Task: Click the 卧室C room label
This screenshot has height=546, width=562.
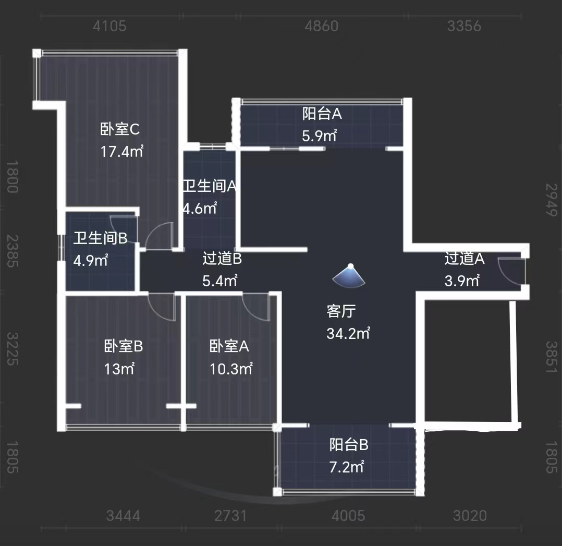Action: (x=120, y=129)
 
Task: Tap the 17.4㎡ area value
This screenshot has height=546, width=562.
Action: (x=121, y=152)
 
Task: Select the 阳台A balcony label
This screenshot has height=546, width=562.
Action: (x=322, y=113)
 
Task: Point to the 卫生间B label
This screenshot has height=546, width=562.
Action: (x=100, y=238)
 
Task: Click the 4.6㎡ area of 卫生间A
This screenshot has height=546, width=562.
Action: (x=200, y=209)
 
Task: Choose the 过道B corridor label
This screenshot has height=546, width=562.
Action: (x=222, y=258)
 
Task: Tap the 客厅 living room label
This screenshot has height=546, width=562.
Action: (x=341, y=311)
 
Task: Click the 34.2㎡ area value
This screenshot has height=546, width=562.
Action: (x=348, y=333)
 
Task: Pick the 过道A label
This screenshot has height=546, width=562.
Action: (x=465, y=258)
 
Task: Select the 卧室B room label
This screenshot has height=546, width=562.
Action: (x=124, y=346)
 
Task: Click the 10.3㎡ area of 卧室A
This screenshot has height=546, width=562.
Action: (x=231, y=369)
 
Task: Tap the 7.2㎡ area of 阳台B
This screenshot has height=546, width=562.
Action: (x=346, y=467)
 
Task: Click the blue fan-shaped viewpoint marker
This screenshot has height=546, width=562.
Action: (x=350, y=276)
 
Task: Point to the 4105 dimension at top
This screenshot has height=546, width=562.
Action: (x=109, y=26)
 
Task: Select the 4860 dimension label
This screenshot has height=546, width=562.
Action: (x=321, y=26)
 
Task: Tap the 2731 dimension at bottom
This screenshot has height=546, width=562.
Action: (x=230, y=516)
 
